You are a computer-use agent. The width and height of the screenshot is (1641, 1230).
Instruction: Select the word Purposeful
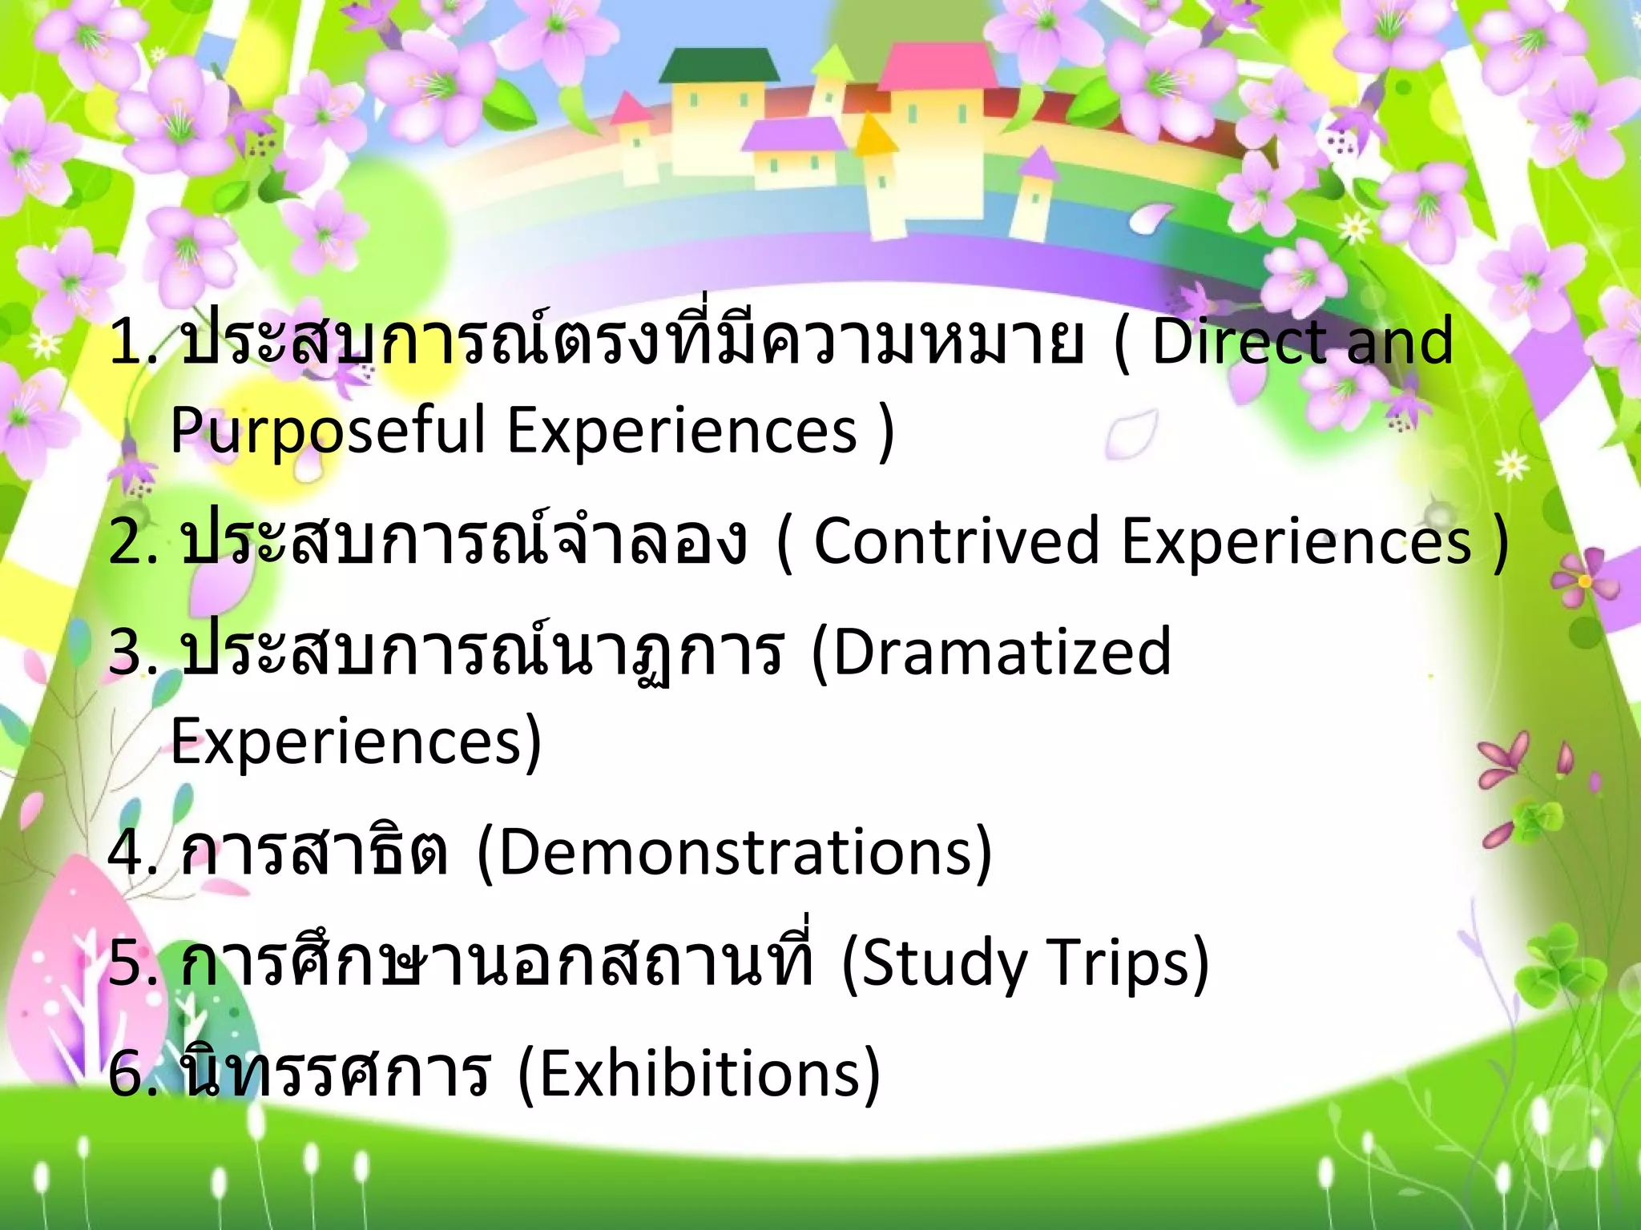(x=328, y=431)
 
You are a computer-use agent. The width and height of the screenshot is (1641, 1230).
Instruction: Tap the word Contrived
(x=957, y=541)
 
